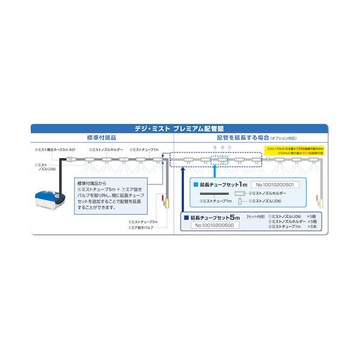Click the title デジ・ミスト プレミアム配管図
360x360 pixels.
point(179,128)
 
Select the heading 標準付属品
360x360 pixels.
point(100,137)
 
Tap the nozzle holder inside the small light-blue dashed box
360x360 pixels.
point(221,160)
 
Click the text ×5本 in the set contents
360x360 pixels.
point(311,227)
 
